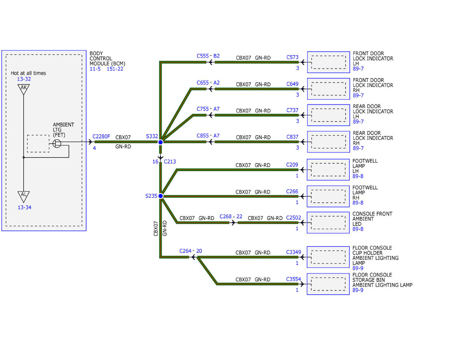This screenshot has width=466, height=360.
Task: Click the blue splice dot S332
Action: point(160,142)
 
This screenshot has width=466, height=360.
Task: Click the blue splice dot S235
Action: point(160,196)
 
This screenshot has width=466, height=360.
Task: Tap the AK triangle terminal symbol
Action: point(24,89)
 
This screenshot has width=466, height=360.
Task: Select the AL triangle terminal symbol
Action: point(24,197)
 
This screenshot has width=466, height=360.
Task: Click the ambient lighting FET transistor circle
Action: point(57,143)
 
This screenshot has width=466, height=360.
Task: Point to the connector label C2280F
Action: point(101,137)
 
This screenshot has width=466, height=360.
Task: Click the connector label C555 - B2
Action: point(208,56)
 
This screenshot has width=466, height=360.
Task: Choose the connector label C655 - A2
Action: point(208,83)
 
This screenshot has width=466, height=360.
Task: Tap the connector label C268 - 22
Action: point(231,217)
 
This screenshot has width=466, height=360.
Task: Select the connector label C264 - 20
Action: point(191,251)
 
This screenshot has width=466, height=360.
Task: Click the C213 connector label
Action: point(170,162)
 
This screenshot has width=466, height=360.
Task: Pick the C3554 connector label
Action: point(294,279)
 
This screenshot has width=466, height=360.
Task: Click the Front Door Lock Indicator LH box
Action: point(328,62)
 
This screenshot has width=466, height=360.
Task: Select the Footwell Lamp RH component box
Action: point(328,197)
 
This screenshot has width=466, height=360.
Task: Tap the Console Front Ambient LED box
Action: point(328,223)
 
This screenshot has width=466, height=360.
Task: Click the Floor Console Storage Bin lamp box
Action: point(328,284)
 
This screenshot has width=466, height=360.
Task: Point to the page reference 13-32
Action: point(24,79)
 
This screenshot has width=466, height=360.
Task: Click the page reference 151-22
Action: point(115,69)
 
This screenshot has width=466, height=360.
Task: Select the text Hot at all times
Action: point(28,73)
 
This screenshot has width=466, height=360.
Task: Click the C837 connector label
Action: point(292,137)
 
